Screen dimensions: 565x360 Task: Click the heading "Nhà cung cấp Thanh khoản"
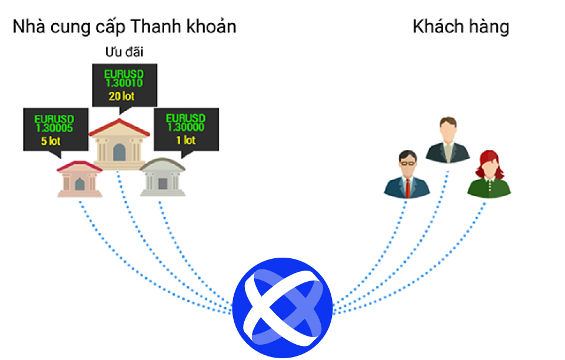[x=124, y=27]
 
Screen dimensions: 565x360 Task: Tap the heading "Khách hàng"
[x=461, y=27]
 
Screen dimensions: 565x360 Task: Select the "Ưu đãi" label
[x=124, y=52]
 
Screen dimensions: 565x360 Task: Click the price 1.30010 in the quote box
[x=124, y=83]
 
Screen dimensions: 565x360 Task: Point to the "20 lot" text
[x=121, y=96]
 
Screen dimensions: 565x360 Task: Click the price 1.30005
[x=54, y=128]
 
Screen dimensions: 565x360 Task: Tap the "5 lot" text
[x=51, y=141]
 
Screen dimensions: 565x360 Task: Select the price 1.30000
[x=186, y=127]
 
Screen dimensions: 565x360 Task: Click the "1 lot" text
[x=186, y=139]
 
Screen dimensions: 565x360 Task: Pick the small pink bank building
[x=79, y=179]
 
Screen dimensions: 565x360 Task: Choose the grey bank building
[x=162, y=177]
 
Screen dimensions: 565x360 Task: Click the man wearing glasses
[x=407, y=174]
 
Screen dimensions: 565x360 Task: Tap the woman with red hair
[x=489, y=174]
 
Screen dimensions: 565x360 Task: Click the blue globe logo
[x=282, y=308]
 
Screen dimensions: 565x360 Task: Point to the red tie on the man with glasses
[x=407, y=188]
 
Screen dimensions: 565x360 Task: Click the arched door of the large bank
[x=119, y=152]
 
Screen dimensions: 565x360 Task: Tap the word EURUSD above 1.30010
[x=124, y=74]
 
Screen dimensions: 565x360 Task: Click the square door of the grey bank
[x=162, y=184]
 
